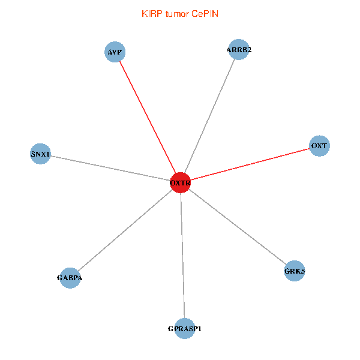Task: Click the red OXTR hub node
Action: point(180,183)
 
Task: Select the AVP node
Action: point(115,52)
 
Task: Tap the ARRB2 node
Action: point(239,49)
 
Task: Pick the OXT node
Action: point(319,146)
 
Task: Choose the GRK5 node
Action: point(295,271)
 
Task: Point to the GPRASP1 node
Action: point(185,329)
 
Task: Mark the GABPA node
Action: point(70,278)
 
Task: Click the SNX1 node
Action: point(40,154)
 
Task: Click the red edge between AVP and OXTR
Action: point(148,118)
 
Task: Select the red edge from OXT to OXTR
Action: point(250,164)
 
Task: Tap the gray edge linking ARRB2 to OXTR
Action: point(209,116)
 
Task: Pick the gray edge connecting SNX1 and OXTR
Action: point(110,168)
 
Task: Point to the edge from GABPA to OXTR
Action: point(125,230)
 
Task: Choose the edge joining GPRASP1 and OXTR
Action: point(182,256)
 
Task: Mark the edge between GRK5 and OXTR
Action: point(238,227)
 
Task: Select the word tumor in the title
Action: point(177,14)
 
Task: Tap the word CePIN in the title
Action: point(205,14)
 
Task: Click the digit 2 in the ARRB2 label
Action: point(249,50)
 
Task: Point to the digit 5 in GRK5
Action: point(302,271)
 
